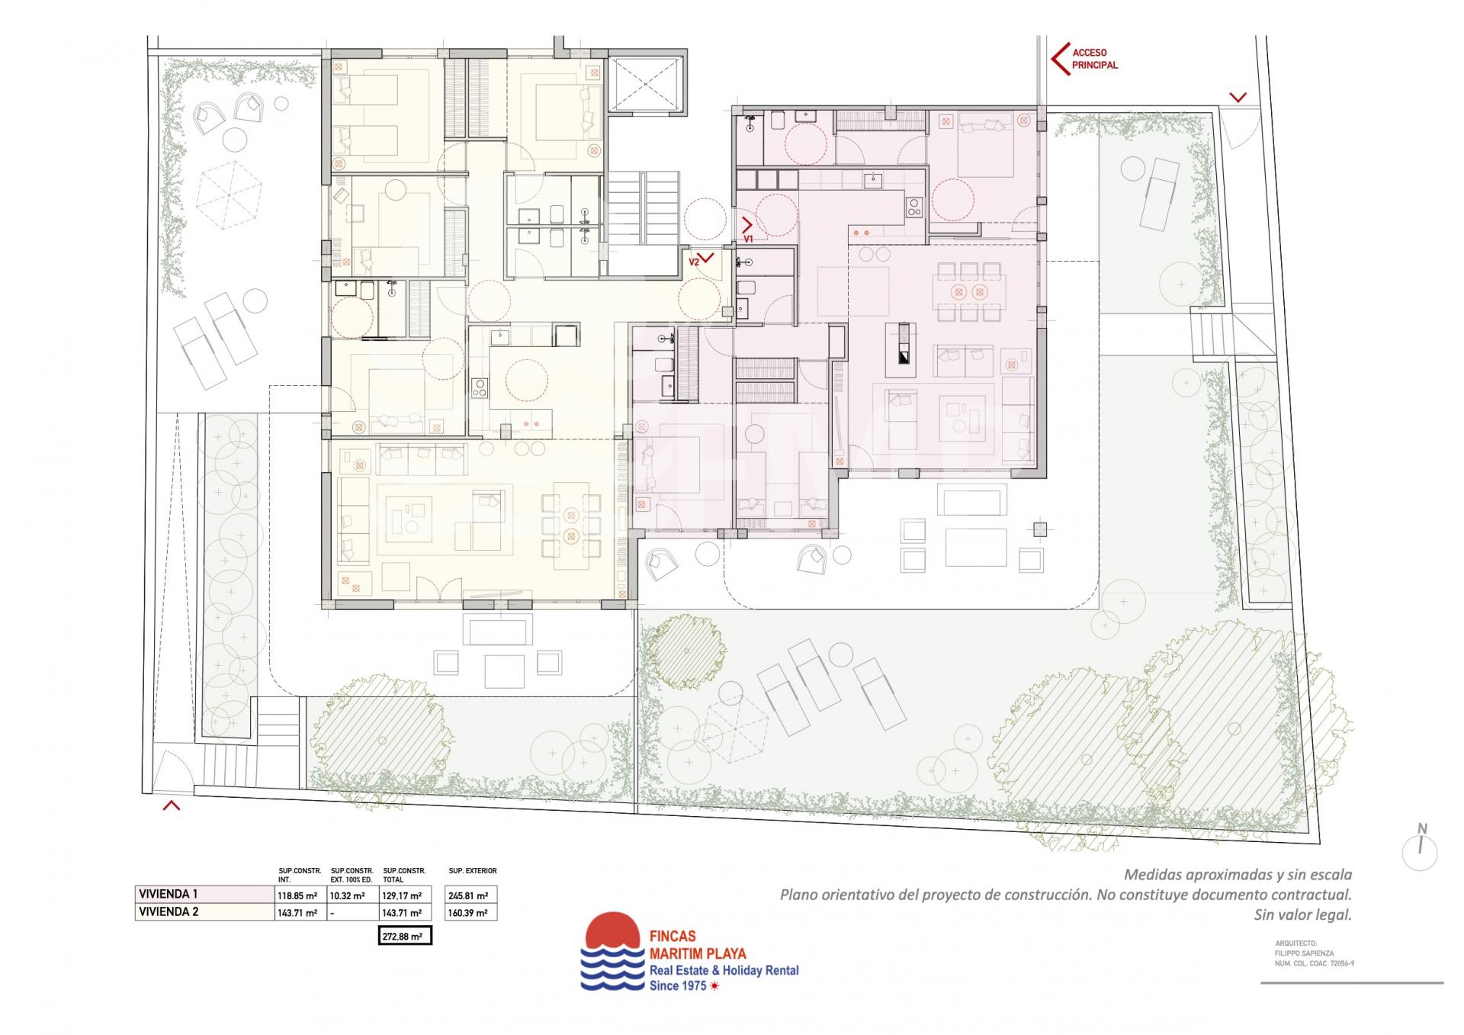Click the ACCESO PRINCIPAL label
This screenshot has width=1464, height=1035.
[x=1095, y=59]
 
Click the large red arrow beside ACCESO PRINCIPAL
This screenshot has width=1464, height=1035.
[x=1058, y=59]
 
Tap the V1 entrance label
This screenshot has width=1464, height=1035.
[x=749, y=239]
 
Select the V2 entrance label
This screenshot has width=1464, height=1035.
[x=694, y=262]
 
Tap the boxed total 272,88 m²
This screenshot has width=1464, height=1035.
[x=405, y=936]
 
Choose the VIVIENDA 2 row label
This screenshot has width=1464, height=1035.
[x=169, y=911]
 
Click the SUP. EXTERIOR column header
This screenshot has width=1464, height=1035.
[x=473, y=870]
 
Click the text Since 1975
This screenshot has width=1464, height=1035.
[x=678, y=986]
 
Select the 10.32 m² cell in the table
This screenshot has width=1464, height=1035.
[x=347, y=896]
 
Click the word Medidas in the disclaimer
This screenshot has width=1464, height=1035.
[x=1151, y=875]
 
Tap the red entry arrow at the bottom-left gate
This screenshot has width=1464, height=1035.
[x=172, y=805]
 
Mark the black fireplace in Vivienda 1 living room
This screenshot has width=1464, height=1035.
[x=904, y=349]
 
